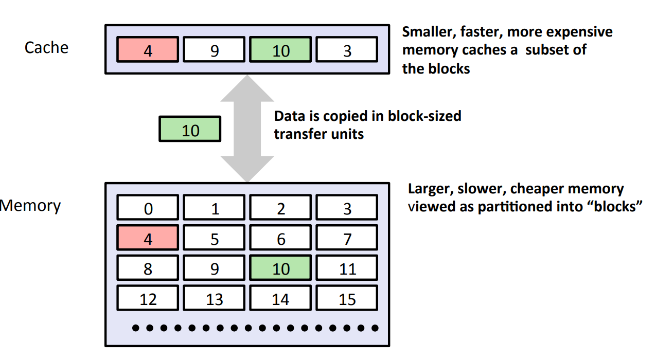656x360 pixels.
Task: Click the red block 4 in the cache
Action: tap(148, 50)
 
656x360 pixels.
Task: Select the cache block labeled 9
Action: tap(214, 50)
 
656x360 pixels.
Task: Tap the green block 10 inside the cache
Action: tap(280, 50)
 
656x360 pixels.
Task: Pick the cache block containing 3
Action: tap(347, 50)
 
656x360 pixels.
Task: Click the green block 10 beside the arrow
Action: tap(190, 129)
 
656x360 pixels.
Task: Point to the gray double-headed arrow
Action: tap(247, 129)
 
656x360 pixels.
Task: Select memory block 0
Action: tap(148, 208)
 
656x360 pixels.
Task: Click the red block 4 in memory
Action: tap(148, 238)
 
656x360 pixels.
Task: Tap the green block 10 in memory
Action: tap(280, 268)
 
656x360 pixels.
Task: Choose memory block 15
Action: tap(347, 298)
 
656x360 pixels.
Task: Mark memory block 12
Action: tap(148, 298)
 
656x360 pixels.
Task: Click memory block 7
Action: tap(347, 238)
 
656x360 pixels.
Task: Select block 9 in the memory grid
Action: tap(214, 268)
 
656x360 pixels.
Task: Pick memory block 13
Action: tap(214, 298)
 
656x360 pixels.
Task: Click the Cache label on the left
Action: tap(46, 48)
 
